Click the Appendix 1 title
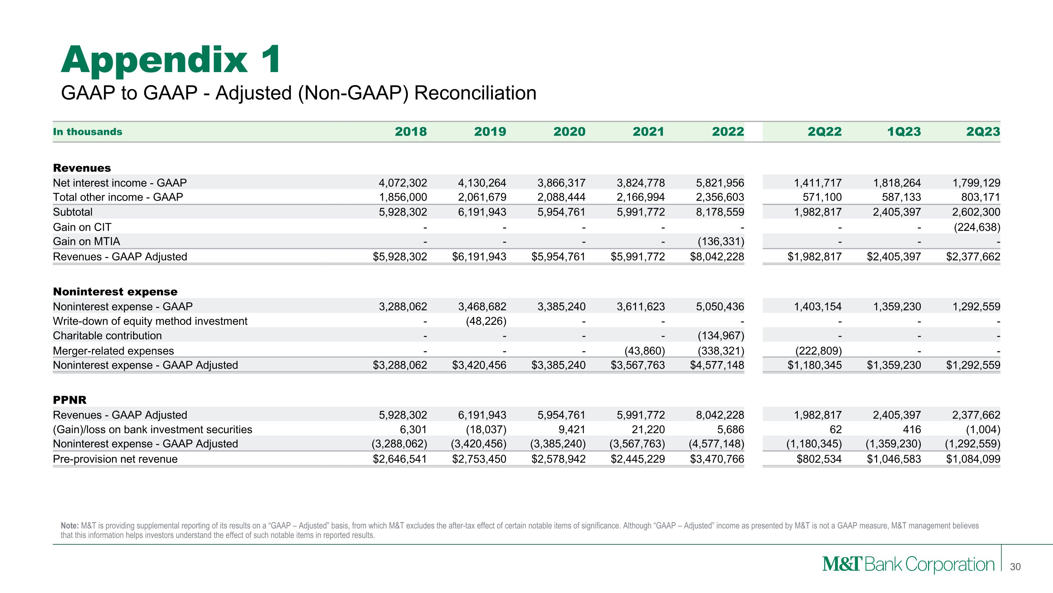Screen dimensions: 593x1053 point(171,60)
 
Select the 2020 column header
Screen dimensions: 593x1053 point(569,132)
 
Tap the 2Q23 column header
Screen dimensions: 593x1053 point(983,132)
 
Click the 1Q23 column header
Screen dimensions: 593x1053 point(903,132)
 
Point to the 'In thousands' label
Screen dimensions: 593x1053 point(87,132)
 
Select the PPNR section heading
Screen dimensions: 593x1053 point(69,400)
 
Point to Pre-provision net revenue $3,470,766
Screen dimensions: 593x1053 point(717,459)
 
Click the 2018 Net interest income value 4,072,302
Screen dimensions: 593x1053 point(403,183)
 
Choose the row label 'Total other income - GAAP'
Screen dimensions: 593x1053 point(118,197)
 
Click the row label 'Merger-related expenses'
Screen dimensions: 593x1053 point(113,351)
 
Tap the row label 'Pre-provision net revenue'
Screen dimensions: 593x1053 point(115,459)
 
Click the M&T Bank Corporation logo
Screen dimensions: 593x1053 point(908,565)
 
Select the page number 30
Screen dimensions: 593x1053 point(1015,567)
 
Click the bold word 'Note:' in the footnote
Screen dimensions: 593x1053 point(69,526)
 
